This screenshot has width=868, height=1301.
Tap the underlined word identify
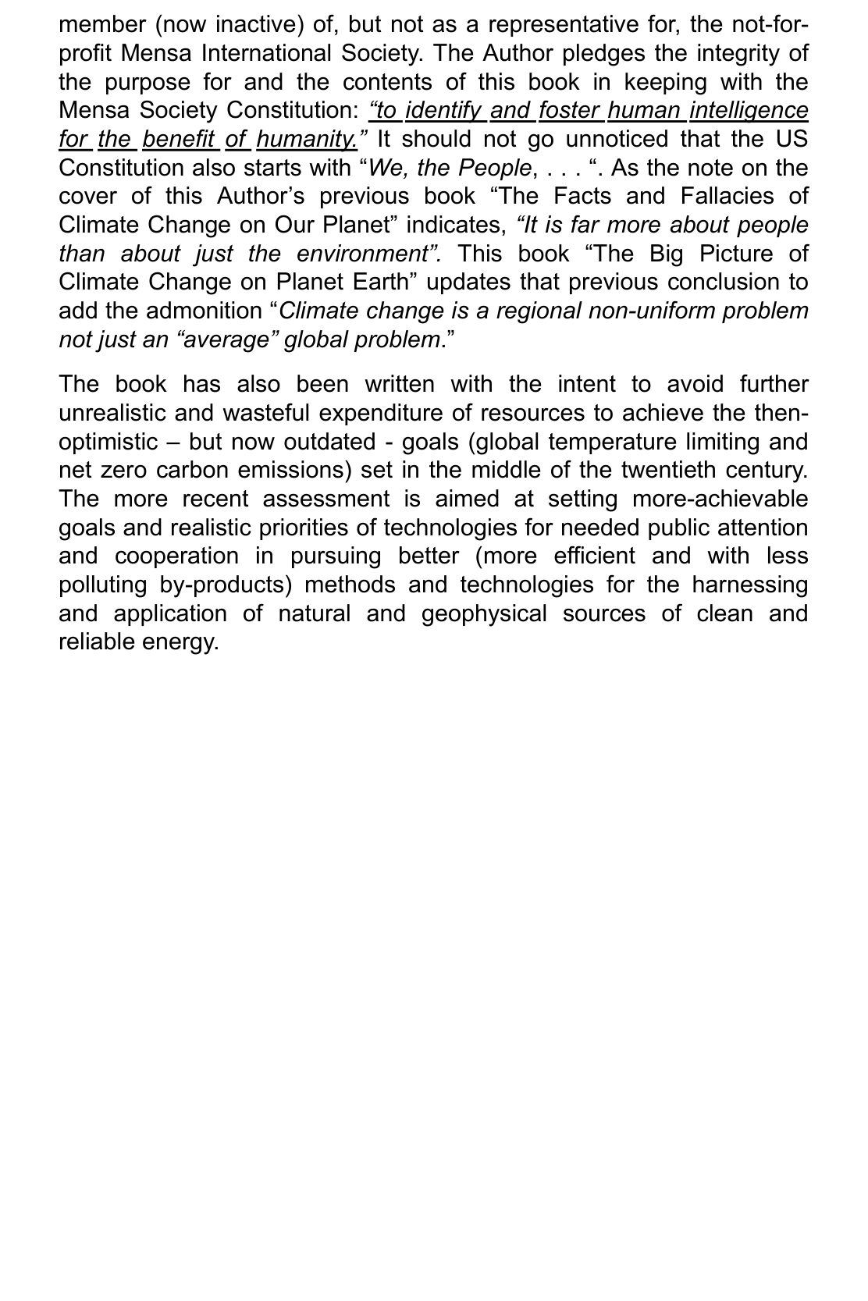coord(443,111)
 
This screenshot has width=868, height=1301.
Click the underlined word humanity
coord(306,139)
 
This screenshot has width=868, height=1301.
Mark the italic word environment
coord(361,254)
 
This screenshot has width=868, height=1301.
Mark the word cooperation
coord(176,556)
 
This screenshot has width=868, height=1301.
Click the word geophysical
coord(484,613)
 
